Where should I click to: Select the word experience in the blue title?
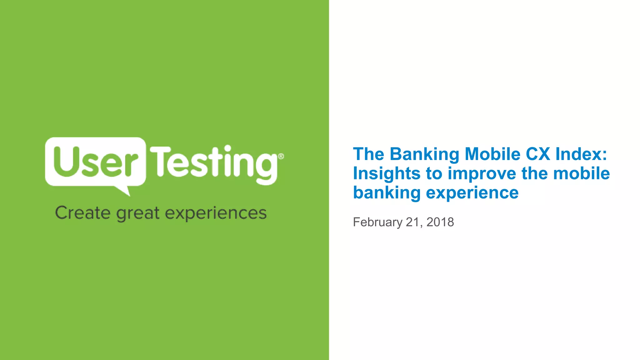(472, 193)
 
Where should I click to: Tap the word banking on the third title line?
(387, 193)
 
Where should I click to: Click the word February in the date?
(377, 222)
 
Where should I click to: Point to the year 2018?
(440, 222)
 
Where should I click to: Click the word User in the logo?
(95, 162)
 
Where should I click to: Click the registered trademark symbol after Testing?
(281, 156)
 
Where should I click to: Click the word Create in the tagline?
(82, 213)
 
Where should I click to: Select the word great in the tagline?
(138, 214)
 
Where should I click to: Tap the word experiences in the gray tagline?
(216, 214)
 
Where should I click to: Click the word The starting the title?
(368, 154)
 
